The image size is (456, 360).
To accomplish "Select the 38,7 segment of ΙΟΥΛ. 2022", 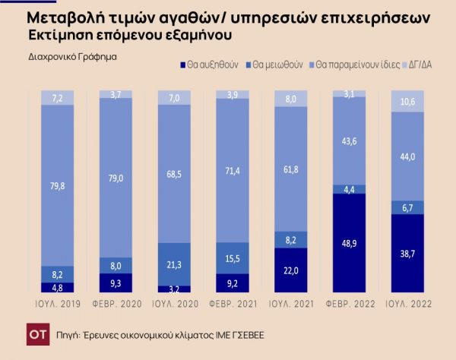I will (407, 254).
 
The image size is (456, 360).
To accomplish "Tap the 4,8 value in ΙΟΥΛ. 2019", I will (57, 288).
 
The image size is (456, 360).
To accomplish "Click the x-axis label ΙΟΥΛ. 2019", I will (57, 304).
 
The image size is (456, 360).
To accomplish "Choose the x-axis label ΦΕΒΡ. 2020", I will (115, 304).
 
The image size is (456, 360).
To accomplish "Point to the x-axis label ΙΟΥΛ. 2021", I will (290, 304).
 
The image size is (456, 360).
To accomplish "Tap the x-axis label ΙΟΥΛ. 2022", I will (407, 304).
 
